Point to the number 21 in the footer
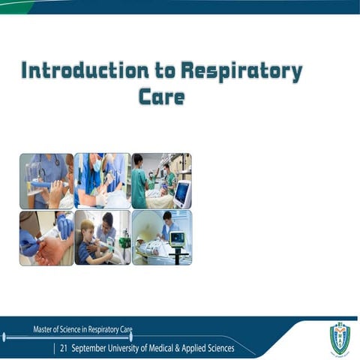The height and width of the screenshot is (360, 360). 64,349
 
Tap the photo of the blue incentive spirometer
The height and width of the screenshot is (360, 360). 46,181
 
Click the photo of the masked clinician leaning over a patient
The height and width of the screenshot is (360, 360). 102,181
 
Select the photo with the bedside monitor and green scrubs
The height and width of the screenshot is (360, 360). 160,181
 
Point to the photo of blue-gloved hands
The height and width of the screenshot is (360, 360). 46,237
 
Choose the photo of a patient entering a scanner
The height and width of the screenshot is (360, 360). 160,237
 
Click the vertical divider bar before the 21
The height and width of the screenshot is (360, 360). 54,349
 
